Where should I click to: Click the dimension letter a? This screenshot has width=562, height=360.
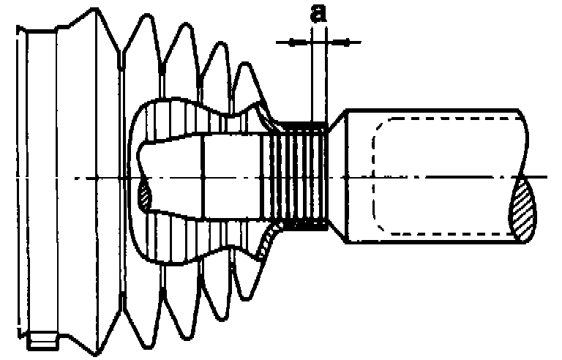pos(318,14)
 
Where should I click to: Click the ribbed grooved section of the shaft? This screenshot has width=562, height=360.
pos(300,176)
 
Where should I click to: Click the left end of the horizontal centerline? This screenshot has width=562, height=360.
pos(18,177)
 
